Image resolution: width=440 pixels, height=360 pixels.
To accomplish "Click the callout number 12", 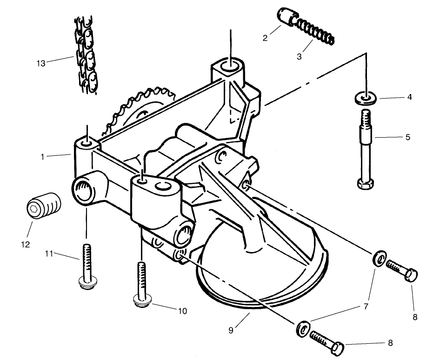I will (25, 244).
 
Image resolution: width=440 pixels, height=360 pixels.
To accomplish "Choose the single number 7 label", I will (366, 307).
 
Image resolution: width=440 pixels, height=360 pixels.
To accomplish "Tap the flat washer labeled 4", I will (366, 99).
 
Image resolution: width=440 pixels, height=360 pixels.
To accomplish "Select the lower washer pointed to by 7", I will (303, 328).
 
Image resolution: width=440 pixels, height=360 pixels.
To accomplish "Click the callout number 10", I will (182, 311).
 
